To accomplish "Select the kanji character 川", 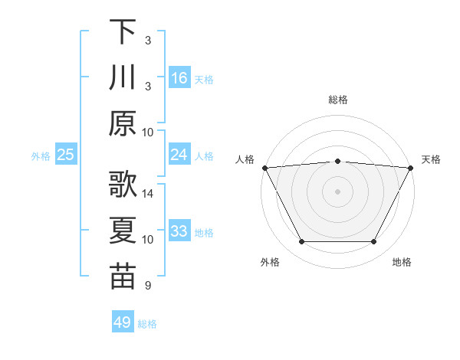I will coord(123,77).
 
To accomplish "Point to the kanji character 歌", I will coord(123,185).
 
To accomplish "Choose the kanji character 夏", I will coord(123,231).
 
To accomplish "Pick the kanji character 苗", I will coord(123,277).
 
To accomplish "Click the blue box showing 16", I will coord(179,78).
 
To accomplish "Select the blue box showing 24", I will coord(179,155).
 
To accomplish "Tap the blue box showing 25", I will coord(66,155).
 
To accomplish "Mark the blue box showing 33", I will coord(179,231).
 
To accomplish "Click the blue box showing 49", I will coord(123,322).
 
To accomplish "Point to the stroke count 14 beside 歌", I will coord(148,194).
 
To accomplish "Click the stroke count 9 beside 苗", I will coord(147,286).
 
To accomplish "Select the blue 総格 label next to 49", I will coord(147,324).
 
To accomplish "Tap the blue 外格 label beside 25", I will coord(41,156).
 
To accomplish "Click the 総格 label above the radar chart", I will coord(337,100).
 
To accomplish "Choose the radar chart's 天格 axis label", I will coord(432,159).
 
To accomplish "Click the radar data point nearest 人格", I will coord(264,167).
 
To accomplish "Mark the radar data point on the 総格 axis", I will coord(337,161).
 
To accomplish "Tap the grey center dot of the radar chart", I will coord(337,191).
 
